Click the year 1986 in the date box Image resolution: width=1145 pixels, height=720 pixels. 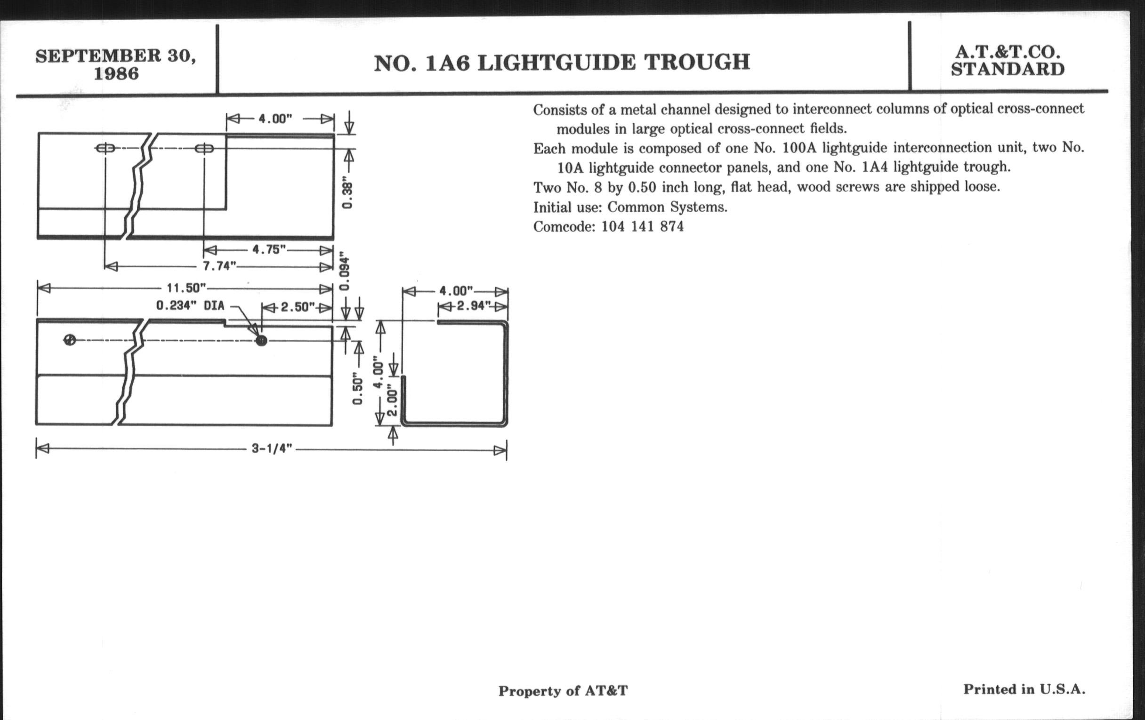(x=116, y=74)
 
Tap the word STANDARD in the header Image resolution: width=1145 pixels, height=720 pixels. (x=1008, y=70)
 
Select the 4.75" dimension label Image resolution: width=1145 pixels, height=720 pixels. (x=269, y=249)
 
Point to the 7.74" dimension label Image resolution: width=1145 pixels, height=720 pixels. (x=220, y=266)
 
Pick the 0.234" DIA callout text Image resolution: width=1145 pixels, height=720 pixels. (x=190, y=305)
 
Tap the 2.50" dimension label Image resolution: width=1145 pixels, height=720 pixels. (x=298, y=307)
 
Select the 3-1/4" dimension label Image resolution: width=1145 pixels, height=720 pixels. (x=272, y=449)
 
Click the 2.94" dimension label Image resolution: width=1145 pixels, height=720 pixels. (x=474, y=305)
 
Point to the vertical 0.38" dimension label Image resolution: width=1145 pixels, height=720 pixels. (x=347, y=195)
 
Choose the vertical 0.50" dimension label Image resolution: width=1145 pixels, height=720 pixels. (x=357, y=391)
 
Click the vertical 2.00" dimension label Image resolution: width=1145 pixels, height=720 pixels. (x=392, y=400)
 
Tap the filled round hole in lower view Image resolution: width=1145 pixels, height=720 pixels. (x=261, y=340)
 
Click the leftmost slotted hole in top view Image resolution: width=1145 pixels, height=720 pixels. (x=105, y=148)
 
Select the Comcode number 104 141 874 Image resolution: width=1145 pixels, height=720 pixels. (x=642, y=227)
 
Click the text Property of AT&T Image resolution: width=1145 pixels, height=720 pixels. (x=563, y=691)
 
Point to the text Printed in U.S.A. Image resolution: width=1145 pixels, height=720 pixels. (x=1024, y=689)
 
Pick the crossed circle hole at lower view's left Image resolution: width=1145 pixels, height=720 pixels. (x=70, y=340)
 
